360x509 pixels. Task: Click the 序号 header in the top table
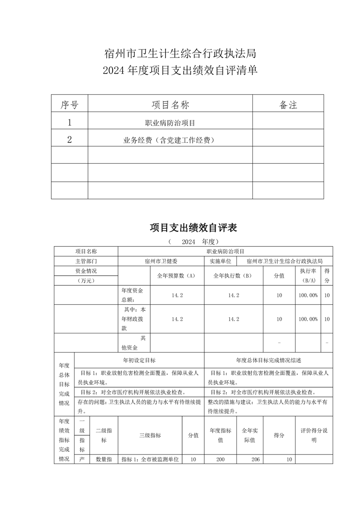click(x=69, y=105)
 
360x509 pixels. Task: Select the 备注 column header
click(x=288, y=105)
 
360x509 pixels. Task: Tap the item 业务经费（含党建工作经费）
click(x=169, y=140)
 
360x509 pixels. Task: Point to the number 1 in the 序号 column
click(x=69, y=122)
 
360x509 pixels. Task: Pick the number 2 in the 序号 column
click(x=69, y=140)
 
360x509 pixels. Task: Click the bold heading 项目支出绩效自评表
click(x=193, y=228)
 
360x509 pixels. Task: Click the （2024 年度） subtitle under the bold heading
click(x=193, y=241)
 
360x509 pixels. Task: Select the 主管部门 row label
click(x=86, y=261)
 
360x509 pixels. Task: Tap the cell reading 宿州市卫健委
click(x=161, y=261)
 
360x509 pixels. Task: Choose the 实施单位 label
click(x=220, y=261)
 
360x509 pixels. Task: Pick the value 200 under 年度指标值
click(x=220, y=460)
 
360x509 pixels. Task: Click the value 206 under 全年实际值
click(x=255, y=460)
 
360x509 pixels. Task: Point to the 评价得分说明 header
click(x=314, y=435)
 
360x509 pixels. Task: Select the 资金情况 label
click(x=86, y=271)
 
